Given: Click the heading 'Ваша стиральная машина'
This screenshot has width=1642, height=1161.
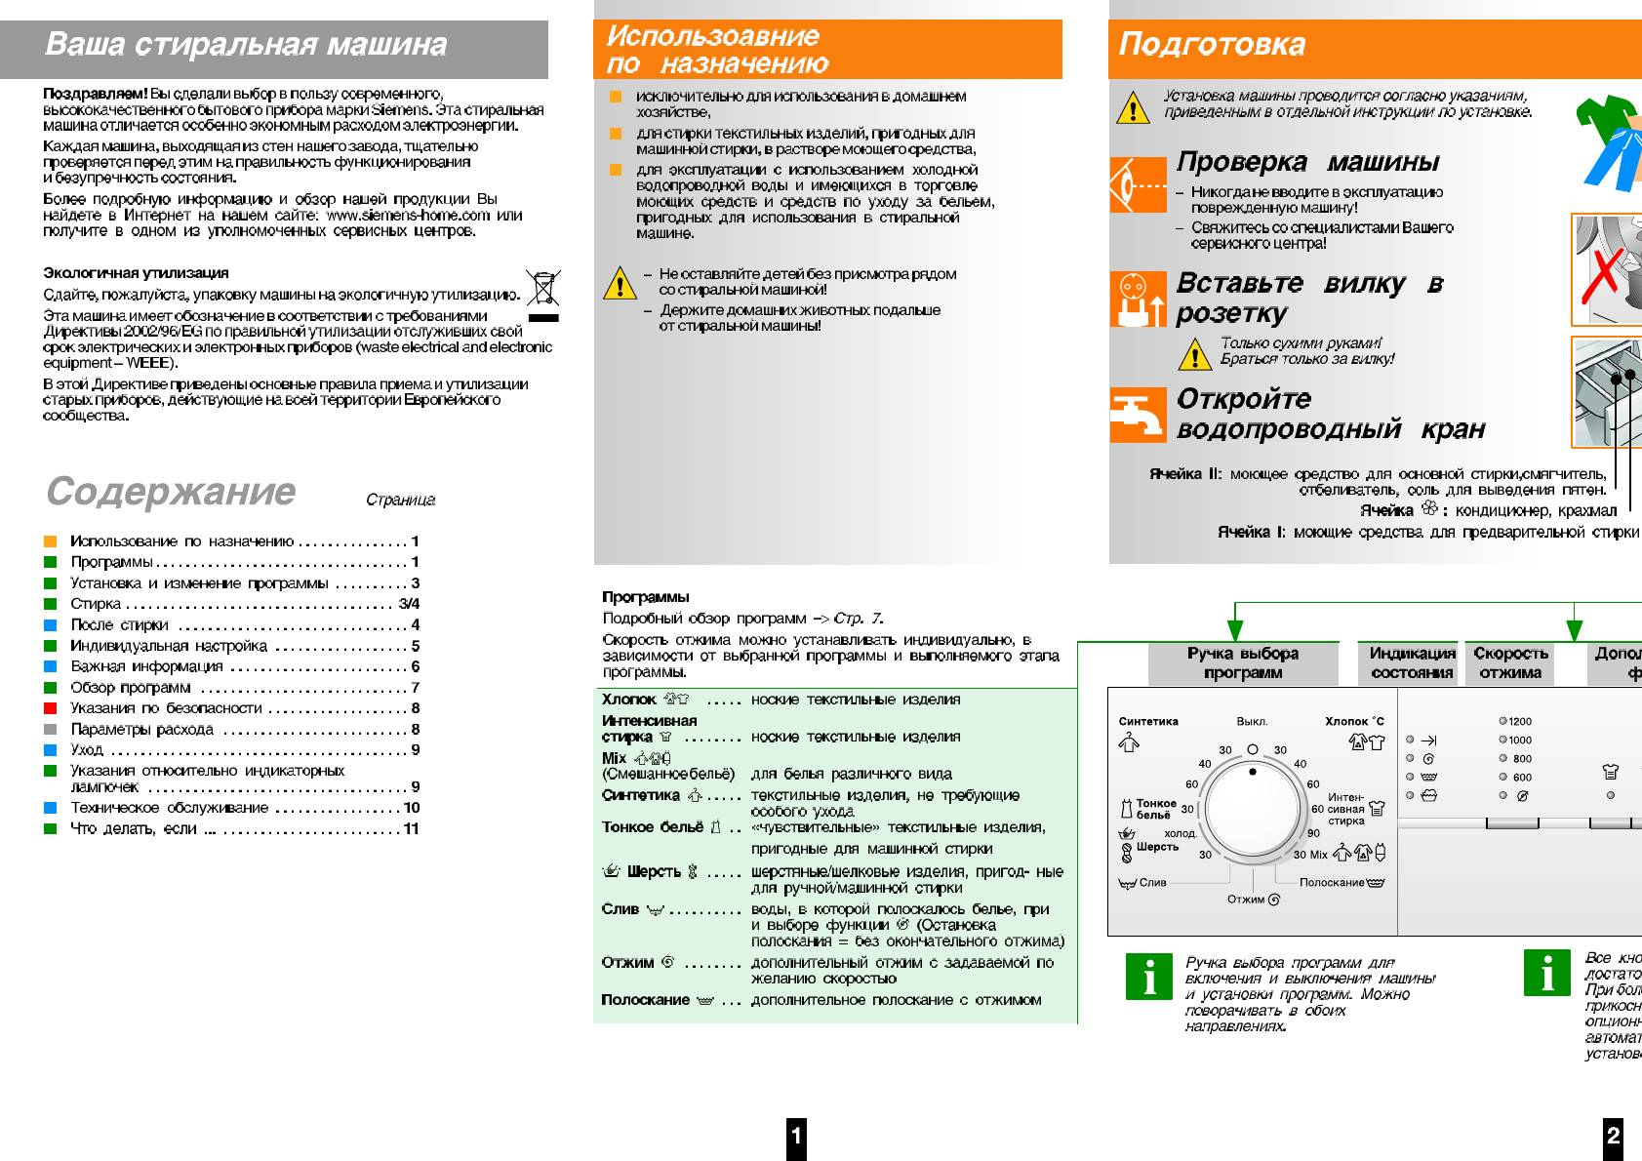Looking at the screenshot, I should point(246,45).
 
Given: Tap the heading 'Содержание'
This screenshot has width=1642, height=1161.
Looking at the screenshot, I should point(171,491).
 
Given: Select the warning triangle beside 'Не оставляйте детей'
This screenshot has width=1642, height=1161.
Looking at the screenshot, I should point(620,284).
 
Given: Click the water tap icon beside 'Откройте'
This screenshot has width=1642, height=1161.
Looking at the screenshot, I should point(1138,415).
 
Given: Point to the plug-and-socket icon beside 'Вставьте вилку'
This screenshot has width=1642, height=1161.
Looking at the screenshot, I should point(1138,299).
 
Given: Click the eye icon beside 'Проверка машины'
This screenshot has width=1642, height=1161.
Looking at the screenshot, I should point(1138,184).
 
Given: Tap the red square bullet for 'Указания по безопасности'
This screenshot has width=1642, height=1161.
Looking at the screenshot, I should point(51,708).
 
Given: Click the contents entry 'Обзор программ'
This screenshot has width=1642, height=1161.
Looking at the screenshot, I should point(131,688).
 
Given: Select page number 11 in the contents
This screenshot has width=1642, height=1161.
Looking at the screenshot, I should point(411,828).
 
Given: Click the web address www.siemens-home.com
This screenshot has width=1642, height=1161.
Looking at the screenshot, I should point(408,215).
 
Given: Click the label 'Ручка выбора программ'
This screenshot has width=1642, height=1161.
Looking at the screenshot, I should point(1242,662).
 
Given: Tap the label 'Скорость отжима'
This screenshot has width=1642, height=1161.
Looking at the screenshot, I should point(1510,662).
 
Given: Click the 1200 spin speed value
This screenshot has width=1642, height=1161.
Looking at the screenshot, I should point(1519,722).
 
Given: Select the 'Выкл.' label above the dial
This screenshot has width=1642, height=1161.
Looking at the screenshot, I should point(1252,722).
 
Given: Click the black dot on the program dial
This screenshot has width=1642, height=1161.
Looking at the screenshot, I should point(1253,772).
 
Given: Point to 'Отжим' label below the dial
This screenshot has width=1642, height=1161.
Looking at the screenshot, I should point(1246,900).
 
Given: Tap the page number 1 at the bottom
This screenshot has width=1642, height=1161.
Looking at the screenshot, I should point(796,1136).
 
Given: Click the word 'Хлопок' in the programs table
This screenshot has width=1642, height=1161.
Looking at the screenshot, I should point(628,700).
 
